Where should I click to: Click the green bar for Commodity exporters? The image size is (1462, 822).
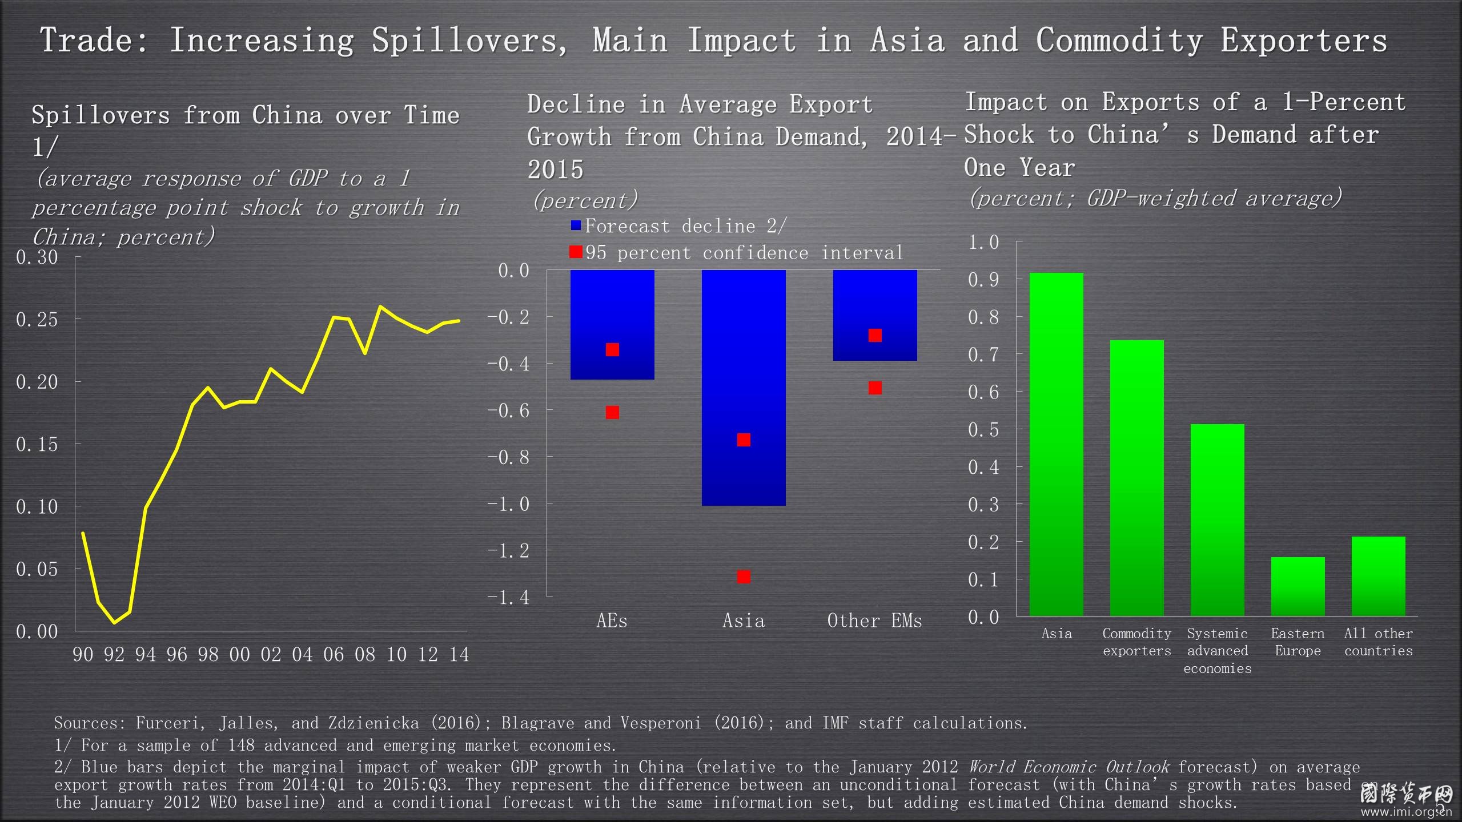(x=1136, y=478)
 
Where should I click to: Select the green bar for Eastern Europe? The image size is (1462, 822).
(x=1298, y=586)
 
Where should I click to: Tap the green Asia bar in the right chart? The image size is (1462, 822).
(x=1056, y=444)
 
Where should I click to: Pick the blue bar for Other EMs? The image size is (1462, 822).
(x=875, y=315)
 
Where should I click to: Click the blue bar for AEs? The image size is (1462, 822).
(x=612, y=325)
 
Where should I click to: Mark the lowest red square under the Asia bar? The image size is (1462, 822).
(x=744, y=577)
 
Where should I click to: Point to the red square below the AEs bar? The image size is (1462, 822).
(x=612, y=412)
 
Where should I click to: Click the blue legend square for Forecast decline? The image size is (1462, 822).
(x=576, y=225)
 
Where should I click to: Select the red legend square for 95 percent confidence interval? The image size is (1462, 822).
(x=576, y=252)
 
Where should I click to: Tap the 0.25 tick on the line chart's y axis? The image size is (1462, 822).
(x=37, y=319)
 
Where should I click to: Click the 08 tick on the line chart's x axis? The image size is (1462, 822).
(x=365, y=654)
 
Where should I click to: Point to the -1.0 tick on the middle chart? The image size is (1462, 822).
(x=508, y=503)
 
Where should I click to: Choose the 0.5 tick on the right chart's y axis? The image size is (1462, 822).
(x=983, y=429)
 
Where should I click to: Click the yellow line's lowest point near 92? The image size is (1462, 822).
(x=115, y=622)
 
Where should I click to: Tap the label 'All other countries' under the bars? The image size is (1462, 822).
(x=1378, y=642)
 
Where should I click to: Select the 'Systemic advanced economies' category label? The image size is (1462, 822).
(x=1217, y=651)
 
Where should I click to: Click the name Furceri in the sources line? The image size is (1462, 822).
(x=170, y=723)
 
